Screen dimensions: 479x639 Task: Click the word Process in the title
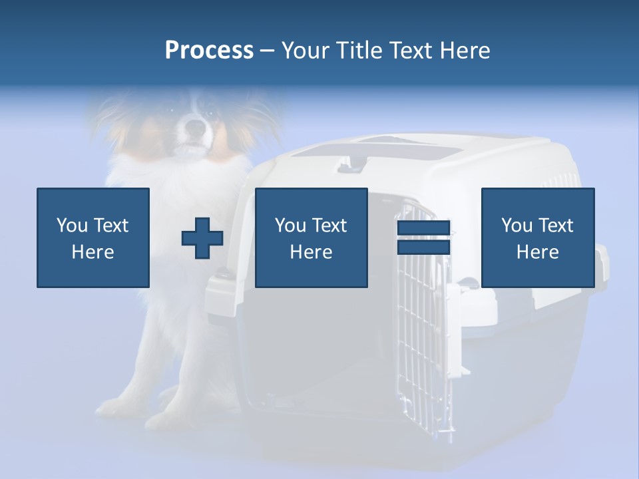click(209, 51)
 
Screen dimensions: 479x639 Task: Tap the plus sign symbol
click(202, 238)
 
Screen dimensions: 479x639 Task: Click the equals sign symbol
click(423, 238)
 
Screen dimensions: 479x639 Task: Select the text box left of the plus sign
click(93, 238)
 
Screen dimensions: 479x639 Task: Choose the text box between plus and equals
click(311, 238)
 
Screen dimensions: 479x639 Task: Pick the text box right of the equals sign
click(538, 238)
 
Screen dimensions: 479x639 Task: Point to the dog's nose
click(194, 124)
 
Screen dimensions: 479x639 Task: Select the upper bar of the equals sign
click(423, 229)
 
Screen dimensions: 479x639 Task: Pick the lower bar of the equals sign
click(423, 247)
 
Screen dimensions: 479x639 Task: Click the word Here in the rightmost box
click(538, 252)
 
